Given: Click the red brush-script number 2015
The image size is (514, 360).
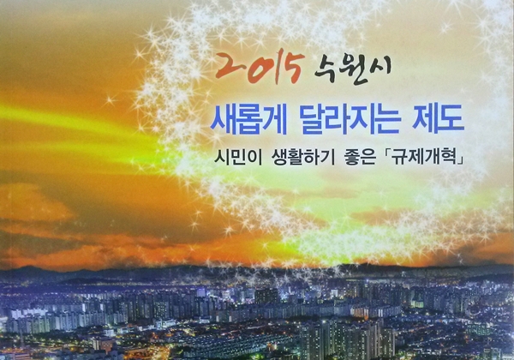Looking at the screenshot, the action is point(259,68).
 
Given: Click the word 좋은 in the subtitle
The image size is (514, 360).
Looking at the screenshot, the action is point(358,158).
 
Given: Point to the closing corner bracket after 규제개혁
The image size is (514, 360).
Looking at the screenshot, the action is point(462,160).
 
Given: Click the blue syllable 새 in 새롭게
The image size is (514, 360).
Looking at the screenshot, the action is point(223,120).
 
